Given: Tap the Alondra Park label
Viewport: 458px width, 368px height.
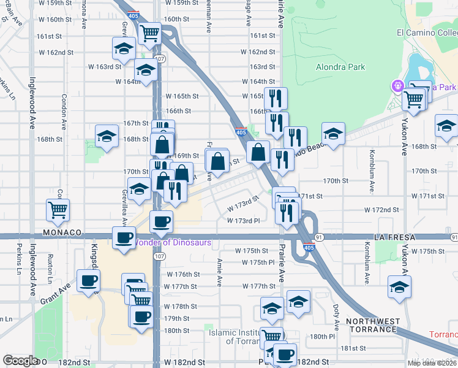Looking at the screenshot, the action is click(340, 67).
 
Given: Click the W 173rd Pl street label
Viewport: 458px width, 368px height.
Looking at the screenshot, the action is click(244, 221).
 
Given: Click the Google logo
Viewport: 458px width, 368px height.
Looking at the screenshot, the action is click(21, 361).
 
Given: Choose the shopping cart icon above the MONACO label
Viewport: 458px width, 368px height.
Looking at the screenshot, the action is click(58, 209).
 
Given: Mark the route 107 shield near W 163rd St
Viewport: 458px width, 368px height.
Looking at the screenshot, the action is click(160, 59).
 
